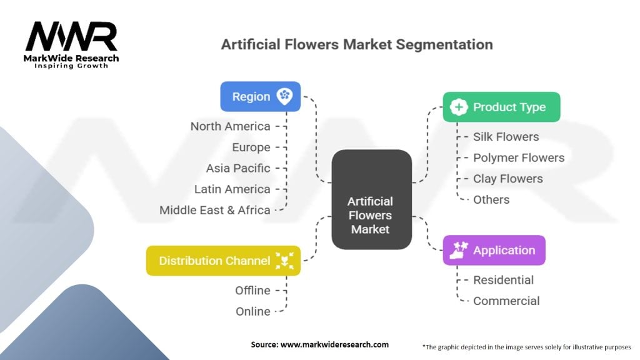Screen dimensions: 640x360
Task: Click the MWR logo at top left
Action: [71, 45]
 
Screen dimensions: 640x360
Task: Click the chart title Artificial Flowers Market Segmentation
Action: [357, 44]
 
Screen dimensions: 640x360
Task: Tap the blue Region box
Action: [261, 97]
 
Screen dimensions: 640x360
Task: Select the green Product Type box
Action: [502, 107]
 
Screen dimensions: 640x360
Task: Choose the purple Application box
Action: [494, 250]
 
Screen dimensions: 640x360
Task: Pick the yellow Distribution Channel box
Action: [223, 261]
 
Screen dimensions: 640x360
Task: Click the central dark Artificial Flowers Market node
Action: [371, 199]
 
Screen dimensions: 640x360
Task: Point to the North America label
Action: [230, 126]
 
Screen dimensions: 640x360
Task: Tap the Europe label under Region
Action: [251, 147]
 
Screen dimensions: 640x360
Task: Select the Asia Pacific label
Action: [238, 168]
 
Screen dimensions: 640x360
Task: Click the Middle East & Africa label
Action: [215, 210]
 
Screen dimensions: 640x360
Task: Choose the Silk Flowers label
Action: [506, 137]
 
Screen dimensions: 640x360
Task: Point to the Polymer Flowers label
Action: [519, 158]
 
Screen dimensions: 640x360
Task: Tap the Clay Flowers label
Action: [507, 179]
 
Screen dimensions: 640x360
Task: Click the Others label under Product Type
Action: [491, 199]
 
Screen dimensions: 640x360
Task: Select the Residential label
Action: [503, 280]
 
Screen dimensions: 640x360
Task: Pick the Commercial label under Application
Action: [506, 301]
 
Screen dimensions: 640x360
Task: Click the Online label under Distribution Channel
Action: [252, 311]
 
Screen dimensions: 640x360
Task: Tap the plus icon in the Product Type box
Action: [459, 107]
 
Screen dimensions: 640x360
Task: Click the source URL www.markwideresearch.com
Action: [334, 344]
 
